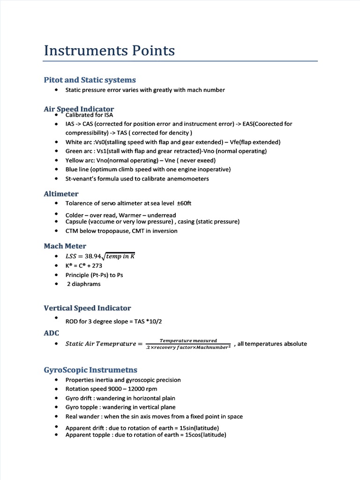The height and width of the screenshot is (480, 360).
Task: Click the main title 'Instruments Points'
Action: tap(109, 51)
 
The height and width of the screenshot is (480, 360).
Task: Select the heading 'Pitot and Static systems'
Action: tap(90, 80)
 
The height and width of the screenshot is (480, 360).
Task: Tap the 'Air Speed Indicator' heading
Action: tap(79, 109)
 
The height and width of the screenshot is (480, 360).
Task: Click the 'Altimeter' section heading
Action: tap(61, 194)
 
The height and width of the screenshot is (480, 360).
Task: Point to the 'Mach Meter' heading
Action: tap(65, 246)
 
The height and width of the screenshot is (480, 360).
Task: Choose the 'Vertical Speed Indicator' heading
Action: tap(87, 308)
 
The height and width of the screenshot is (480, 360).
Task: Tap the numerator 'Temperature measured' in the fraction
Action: tap(188, 340)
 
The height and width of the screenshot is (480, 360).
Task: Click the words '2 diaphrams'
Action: tap(83, 284)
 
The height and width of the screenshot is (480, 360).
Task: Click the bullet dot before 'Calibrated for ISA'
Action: tap(56, 114)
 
